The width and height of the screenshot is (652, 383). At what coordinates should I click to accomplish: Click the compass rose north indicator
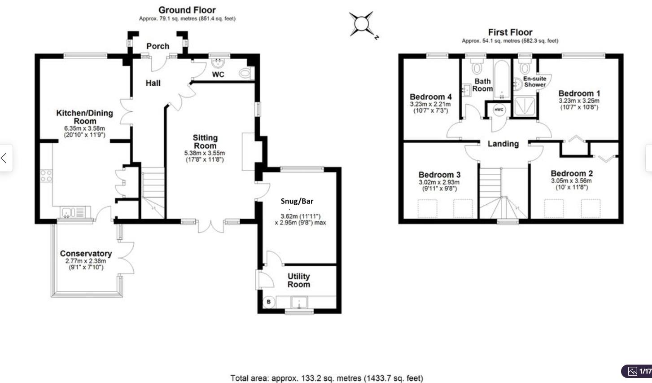[362, 24]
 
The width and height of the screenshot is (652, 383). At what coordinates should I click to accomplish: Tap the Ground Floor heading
[187, 10]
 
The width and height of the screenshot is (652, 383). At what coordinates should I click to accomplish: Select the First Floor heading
[510, 32]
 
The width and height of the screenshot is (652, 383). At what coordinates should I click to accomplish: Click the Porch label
[158, 46]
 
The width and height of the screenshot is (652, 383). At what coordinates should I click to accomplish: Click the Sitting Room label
[205, 141]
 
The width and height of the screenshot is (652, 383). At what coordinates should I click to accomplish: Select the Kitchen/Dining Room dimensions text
[85, 131]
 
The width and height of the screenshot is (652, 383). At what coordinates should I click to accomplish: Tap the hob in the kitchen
[46, 176]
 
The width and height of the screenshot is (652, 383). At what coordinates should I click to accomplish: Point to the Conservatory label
[86, 254]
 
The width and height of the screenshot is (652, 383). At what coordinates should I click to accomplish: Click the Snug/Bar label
[297, 201]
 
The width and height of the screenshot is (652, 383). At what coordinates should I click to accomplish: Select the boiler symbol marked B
[269, 302]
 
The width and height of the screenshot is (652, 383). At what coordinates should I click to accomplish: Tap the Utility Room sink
[298, 302]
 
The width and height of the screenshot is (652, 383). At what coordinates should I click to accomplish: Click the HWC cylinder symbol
[499, 110]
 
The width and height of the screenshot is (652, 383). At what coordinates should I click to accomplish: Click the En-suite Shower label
[535, 81]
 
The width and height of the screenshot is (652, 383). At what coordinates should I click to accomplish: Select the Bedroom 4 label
[430, 97]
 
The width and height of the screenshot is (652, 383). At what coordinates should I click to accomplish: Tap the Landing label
[503, 144]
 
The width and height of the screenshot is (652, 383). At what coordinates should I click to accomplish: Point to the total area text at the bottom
[326, 378]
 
